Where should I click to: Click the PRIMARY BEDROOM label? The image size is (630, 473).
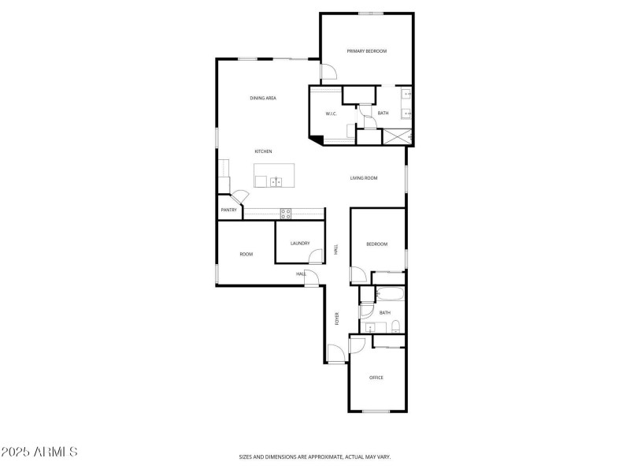click(x=367, y=51)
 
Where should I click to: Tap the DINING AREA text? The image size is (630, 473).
click(x=263, y=99)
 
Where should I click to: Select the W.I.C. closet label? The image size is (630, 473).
click(x=332, y=114)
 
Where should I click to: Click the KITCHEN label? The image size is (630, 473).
click(x=263, y=151)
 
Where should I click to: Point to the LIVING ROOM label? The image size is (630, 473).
click(x=364, y=178)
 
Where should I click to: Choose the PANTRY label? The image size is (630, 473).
click(x=228, y=210)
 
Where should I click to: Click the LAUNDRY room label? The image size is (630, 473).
click(x=299, y=244)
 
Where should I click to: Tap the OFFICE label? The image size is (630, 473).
click(x=376, y=378)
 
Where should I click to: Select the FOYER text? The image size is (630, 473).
click(x=338, y=319)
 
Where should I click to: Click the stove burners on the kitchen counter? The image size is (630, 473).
click(x=286, y=212)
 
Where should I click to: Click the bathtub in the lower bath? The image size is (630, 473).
click(x=391, y=296)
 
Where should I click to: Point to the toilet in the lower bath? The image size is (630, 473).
click(x=396, y=326)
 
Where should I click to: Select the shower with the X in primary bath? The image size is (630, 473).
click(x=398, y=136)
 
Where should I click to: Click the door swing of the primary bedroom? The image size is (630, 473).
click(x=328, y=73)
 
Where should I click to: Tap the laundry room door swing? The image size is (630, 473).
click(x=316, y=256)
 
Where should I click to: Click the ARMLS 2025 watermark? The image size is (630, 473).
click(x=39, y=453)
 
